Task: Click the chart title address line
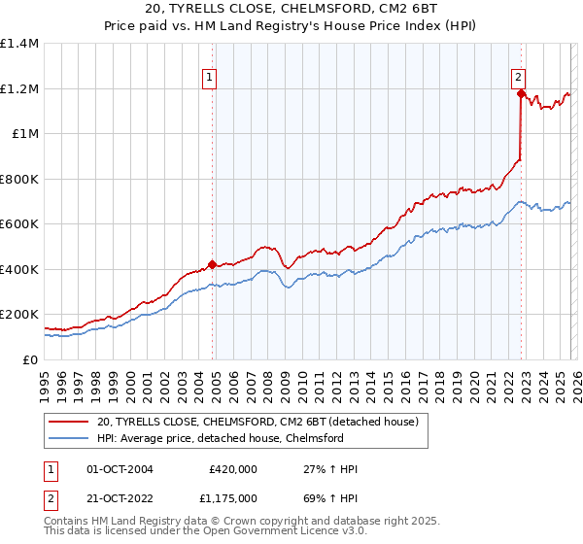click(x=291, y=10)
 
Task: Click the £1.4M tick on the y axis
click(x=19, y=44)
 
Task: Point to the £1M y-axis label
click(x=24, y=134)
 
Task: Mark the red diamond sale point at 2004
click(x=212, y=265)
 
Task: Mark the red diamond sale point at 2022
click(x=521, y=94)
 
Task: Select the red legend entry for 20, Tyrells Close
click(x=257, y=422)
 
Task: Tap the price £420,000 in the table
click(x=233, y=469)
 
